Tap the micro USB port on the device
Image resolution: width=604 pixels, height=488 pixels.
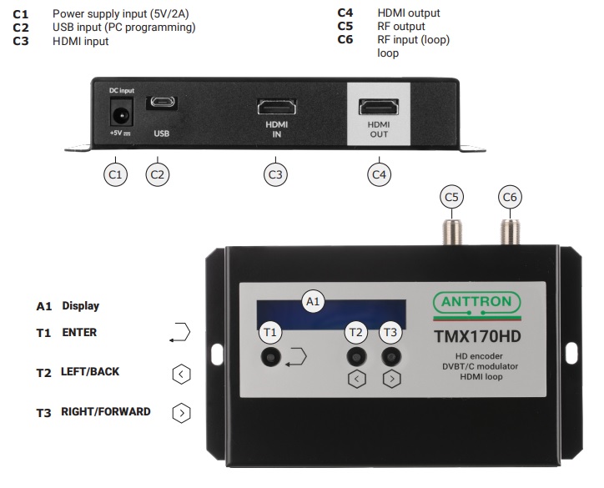(161, 104)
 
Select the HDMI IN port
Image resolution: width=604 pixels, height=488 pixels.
(275, 108)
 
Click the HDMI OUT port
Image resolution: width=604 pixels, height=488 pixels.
(379, 108)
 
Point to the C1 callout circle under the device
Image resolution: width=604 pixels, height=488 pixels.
(116, 174)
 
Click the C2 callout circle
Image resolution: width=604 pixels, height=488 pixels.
(157, 174)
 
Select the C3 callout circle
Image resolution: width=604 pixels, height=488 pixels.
(275, 174)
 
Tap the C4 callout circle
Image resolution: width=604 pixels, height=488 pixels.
(380, 174)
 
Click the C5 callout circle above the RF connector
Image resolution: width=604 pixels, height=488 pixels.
(451, 197)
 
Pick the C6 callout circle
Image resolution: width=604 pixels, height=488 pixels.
(509, 197)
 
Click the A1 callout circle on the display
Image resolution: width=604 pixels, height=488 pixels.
(313, 301)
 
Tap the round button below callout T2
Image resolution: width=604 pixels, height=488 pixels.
(356, 357)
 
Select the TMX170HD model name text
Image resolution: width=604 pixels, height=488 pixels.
(477, 338)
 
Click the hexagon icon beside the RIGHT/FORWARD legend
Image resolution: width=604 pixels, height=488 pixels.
(181, 412)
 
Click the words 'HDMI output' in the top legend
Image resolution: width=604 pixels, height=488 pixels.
(408, 13)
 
